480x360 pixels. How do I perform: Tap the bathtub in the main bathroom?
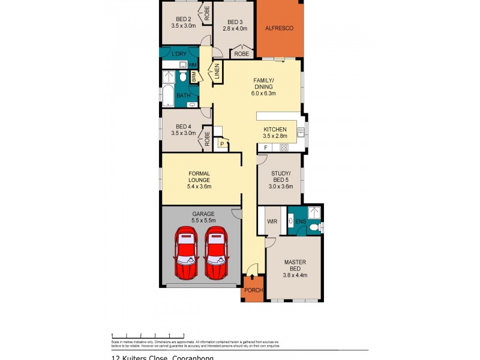coord(168,96)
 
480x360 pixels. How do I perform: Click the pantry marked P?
coord(222,144)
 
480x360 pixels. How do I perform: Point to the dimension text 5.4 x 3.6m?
coord(199,187)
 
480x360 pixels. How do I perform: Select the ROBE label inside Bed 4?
coord(207,138)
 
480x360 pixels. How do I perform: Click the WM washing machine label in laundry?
coord(193,65)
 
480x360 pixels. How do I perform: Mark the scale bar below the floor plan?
coord(148,335)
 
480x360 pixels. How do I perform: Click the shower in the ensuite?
coord(313,212)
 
